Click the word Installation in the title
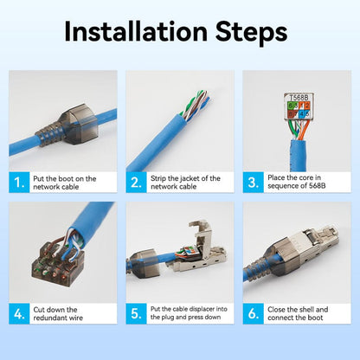point(130,33)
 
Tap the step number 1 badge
point(20,183)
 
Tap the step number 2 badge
point(137,183)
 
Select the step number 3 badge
point(254,183)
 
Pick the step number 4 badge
point(20,313)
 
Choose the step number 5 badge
point(137,313)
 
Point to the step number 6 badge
point(254,313)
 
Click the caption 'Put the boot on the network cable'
point(65,183)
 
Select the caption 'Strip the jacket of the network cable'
point(184,183)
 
